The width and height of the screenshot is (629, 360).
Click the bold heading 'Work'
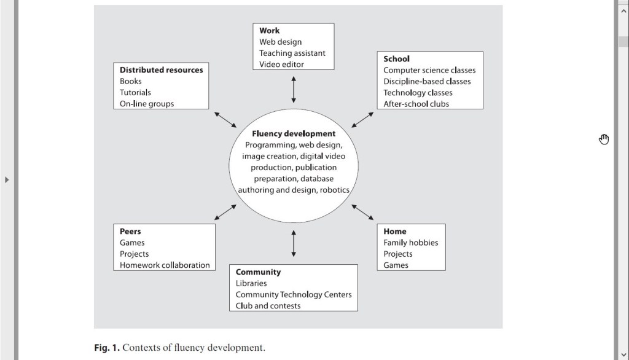point(269,31)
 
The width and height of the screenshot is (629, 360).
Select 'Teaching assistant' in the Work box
point(292,53)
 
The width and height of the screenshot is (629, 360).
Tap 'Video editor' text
point(281,65)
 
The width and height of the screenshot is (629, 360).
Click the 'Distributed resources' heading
point(161,70)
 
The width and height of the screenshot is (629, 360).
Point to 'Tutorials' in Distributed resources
point(135,93)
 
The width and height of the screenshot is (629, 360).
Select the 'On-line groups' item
point(147,104)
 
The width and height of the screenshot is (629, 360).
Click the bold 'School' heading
point(396,59)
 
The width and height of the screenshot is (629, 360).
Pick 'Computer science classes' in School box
point(429,70)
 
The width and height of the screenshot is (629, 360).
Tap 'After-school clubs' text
point(416,104)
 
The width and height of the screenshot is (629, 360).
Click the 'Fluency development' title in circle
point(294,133)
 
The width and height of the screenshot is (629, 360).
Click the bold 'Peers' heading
point(130,232)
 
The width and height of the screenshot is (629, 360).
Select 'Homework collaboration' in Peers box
point(165,265)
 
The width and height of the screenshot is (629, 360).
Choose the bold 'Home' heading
point(395,232)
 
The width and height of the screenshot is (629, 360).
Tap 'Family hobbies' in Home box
point(411,243)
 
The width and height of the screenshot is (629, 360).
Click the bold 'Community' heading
point(258,272)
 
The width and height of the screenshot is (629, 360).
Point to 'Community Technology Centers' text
point(294,294)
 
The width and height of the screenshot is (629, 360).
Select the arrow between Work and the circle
point(294,90)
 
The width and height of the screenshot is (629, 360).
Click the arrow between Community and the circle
point(294,243)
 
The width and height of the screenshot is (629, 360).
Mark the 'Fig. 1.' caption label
point(107,348)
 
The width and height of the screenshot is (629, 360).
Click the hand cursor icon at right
point(604,139)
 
